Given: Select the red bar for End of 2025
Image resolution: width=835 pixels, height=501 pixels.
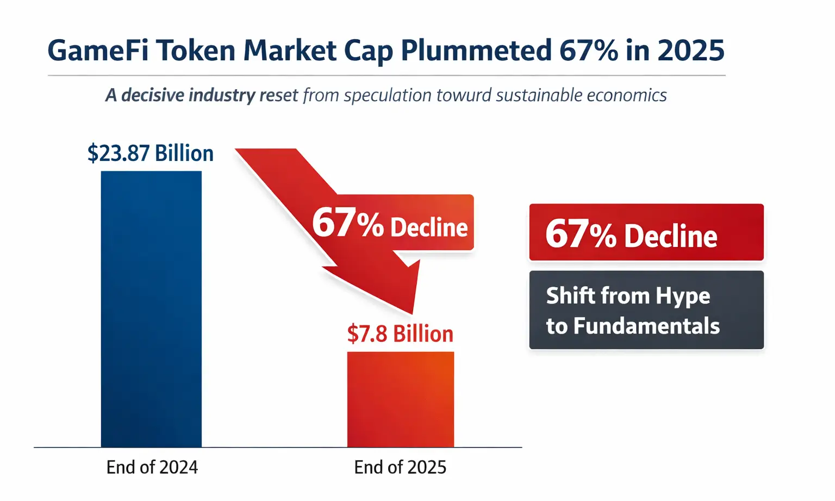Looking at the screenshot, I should coord(400,399).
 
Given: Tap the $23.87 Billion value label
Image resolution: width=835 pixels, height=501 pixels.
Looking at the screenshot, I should coord(151,153).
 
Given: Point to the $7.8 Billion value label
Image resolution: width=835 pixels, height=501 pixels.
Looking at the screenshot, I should coord(400,333).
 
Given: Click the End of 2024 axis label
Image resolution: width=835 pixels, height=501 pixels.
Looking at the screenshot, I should coord(152,467).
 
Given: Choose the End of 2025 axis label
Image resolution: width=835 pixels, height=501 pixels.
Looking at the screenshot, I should coord(400,467).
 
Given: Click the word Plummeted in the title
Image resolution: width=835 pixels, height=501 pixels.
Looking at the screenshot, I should coord(476,51).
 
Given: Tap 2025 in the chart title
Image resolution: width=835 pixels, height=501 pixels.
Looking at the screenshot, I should coord(690,51).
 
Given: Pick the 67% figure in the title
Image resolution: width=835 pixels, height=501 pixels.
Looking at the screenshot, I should coord(588,51).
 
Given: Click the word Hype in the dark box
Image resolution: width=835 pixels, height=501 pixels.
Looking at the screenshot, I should coord(682,296).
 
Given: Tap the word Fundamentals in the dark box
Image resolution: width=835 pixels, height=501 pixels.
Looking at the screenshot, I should coord(646,326).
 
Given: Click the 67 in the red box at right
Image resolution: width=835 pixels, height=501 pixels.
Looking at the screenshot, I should coord(566,234).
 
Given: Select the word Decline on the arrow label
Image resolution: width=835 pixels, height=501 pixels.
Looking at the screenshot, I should coord(429,227).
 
